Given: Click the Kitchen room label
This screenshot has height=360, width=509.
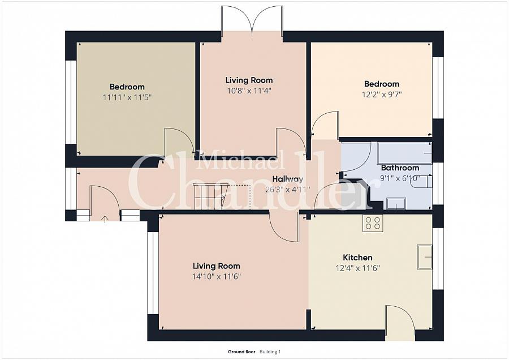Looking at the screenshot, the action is click(357, 258).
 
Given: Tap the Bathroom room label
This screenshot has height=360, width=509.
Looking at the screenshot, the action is click(400, 168).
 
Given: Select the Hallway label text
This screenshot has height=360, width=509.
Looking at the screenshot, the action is click(288, 179).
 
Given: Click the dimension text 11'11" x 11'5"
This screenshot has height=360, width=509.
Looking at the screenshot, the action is click(127, 97).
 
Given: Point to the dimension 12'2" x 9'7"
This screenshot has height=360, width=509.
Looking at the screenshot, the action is click(382, 95).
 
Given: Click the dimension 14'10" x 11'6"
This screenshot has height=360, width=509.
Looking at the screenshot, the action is click(216, 276).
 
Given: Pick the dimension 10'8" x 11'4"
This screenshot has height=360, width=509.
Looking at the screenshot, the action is click(249, 91).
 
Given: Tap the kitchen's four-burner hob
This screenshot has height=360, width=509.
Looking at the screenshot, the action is click(373, 223).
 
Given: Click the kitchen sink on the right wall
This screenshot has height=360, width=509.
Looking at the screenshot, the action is click(425, 257).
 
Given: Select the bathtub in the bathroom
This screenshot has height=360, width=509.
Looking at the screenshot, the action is click(404, 153).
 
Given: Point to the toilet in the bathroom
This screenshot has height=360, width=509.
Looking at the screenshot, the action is click(422, 182).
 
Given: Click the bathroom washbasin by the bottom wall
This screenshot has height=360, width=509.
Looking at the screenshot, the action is click(396, 203).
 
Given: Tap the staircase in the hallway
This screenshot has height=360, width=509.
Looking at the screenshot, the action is click(221, 197).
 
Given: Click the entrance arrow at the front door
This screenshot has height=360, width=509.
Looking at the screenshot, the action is click(105, 219).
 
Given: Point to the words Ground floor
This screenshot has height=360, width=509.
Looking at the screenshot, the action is click(241, 352).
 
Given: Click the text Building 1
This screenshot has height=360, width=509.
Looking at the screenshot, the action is click(270, 352).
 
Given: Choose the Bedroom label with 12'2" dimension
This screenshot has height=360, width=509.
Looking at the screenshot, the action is click(382, 84).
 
